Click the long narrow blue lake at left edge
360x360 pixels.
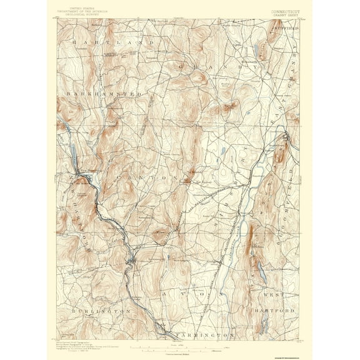click(x=71, y=154)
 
